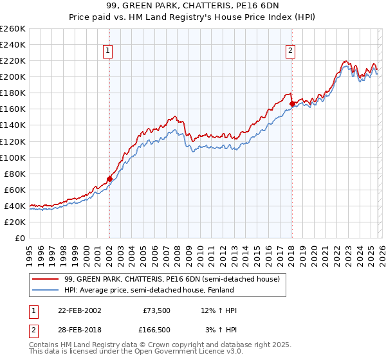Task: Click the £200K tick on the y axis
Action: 12,76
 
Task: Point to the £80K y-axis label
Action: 14,174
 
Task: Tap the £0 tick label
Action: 20,238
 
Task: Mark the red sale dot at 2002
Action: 109,179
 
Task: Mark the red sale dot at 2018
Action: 292,104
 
